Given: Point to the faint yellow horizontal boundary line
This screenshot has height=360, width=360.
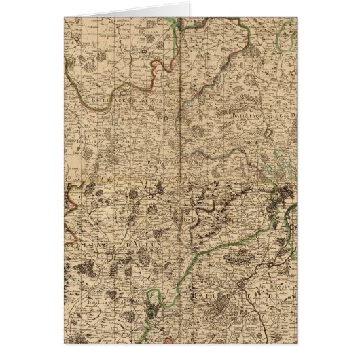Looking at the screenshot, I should tap(102, 178).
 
